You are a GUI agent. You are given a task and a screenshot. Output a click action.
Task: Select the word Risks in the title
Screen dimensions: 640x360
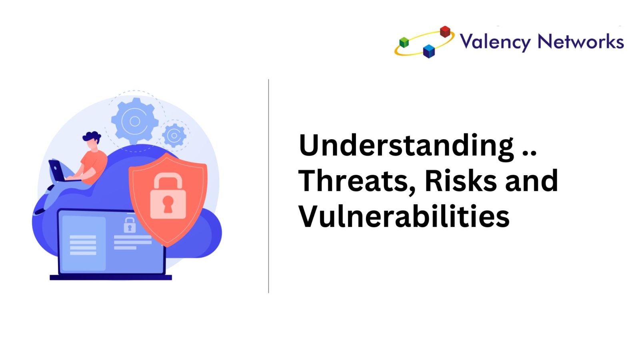point(460,180)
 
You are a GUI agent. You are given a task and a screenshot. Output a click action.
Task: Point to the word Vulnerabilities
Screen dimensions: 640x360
point(404,216)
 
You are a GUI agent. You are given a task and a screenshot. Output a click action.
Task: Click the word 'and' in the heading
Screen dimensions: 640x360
point(532,180)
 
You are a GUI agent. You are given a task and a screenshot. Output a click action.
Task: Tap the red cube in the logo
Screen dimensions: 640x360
point(445,32)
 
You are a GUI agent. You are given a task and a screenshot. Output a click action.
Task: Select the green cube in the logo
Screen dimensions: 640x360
point(404,42)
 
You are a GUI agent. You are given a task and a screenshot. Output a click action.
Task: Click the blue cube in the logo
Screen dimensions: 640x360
point(429,52)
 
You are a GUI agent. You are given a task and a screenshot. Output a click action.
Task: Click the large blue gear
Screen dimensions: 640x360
point(134,121)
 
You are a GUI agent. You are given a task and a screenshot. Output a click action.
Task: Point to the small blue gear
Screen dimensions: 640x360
point(174,136)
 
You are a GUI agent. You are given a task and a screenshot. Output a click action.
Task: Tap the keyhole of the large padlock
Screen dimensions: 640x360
point(168,204)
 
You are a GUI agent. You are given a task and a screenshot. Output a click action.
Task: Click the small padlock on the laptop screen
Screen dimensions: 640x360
point(130,225)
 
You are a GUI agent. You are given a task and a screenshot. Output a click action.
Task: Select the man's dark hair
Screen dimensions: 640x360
point(92,137)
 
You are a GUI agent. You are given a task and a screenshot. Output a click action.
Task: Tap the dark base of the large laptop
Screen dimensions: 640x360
point(111,278)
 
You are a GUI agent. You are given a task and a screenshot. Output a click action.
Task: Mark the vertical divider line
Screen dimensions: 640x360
point(268,186)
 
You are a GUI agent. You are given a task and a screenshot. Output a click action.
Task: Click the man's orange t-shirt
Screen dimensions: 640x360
point(94,166)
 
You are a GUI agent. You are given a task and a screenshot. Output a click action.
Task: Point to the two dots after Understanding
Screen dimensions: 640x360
point(529,154)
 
